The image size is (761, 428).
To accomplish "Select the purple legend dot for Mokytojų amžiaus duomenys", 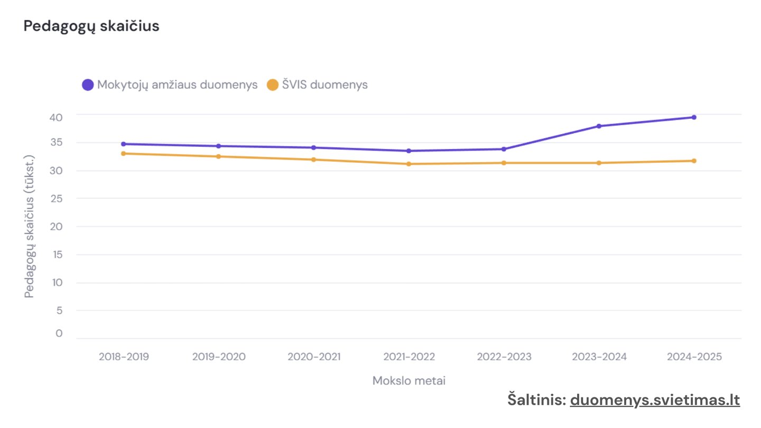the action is pyautogui.click(x=88, y=85).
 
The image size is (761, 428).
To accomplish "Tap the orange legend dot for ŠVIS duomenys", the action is pyautogui.click(x=273, y=85).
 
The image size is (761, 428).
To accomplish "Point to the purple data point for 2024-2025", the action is pyautogui.click(x=694, y=117).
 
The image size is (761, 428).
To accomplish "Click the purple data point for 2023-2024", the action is pyautogui.click(x=599, y=126).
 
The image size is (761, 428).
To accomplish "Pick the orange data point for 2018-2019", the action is pyautogui.click(x=123, y=154).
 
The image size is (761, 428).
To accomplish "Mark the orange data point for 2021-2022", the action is pyautogui.click(x=409, y=164).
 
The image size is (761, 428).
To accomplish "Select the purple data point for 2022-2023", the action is pyautogui.click(x=504, y=149).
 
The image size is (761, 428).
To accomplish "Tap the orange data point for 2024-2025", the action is pyautogui.click(x=694, y=161).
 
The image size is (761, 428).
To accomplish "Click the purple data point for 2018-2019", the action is pyautogui.click(x=123, y=144).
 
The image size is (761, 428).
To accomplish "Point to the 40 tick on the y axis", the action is pyautogui.click(x=56, y=117).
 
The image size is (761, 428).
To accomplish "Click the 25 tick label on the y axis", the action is pyautogui.click(x=57, y=198).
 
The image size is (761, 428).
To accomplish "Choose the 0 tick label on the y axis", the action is pyautogui.click(x=59, y=333).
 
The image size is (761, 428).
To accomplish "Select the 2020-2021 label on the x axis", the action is pyautogui.click(x=314, y=357).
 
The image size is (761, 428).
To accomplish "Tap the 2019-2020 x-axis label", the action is pyautogui.click(x=219, y=357).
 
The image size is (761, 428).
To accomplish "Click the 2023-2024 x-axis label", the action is pyautogui.click(x=599, y=357).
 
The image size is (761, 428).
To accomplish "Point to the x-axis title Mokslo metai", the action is pyautogui.click(x=409, y=381).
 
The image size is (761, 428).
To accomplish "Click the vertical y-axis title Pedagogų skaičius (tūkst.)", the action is pyautogui.click(x=29, y=226).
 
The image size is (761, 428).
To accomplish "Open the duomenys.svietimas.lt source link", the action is pyautogui.click(x=655, y=400).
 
